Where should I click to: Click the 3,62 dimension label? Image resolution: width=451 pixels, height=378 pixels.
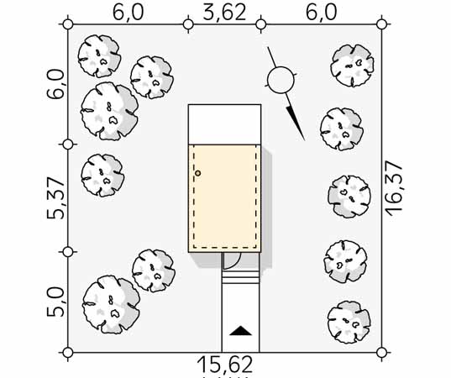click(x=224, y=13)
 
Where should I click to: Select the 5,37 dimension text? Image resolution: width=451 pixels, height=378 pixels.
click(x=55, y=198)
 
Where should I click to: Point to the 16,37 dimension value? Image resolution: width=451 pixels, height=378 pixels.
click(x=393, y=189)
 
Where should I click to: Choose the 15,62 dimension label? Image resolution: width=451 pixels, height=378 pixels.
click(x=225, y=365)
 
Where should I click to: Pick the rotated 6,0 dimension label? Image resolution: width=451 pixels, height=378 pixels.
click(x=55, y=84)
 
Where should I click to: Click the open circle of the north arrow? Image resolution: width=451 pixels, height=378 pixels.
click(x=281, y=81)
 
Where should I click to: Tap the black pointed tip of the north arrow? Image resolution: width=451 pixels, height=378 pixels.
click(x=305, y=140)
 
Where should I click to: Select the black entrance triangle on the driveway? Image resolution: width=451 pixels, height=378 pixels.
click(x=240, y=331)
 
